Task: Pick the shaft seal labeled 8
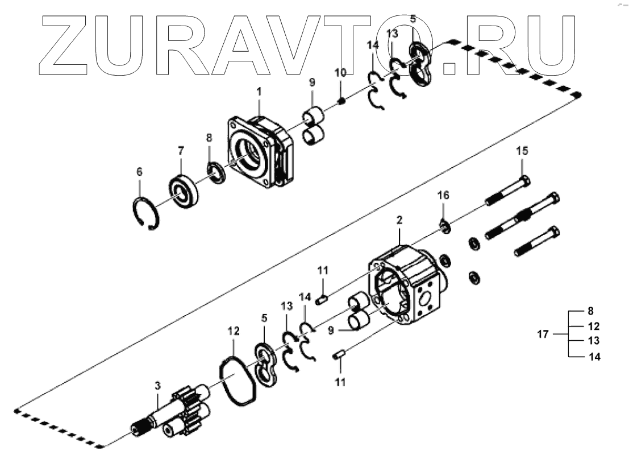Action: point(216,172)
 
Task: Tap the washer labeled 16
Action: point(444,226)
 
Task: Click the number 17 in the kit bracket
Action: point(543,334)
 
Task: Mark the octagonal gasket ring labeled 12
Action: point(239,379)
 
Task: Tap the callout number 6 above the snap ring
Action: point(139,171)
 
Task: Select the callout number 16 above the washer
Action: point(443,196)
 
